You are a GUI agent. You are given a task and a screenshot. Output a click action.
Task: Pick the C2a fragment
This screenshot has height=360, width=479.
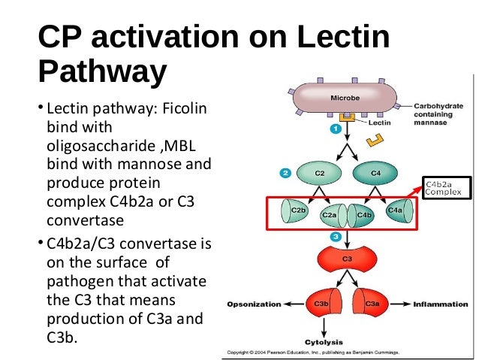tap(328, 215)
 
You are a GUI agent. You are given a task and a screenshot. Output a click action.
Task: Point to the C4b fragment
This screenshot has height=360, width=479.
tap(364, 215)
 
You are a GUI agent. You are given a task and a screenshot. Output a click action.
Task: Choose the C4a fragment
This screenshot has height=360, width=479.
tap(394, 211)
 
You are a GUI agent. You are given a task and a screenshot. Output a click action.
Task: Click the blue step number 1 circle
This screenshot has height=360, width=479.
tap(336, 129)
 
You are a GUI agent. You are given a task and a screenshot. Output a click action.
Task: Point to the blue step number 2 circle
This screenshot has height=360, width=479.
tap(285, 173)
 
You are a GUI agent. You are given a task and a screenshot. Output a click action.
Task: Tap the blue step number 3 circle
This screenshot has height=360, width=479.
tap(336, 237)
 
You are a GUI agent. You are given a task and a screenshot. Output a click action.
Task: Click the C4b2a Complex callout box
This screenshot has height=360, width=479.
tap(446, 188)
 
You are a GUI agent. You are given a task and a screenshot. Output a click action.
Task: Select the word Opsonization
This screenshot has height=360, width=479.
tap(253, 304)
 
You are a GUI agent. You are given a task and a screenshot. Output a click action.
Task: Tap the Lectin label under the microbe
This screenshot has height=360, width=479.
tap(379, 122)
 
